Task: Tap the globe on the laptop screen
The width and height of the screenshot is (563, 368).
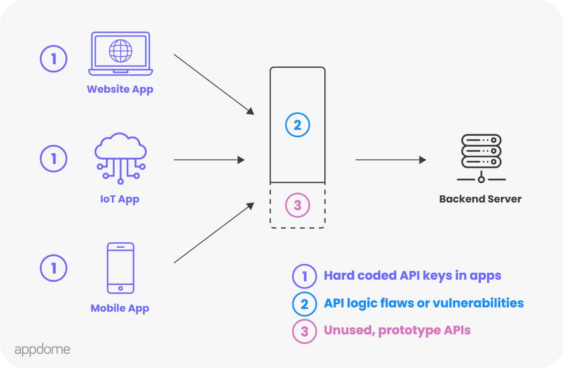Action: (121, 51)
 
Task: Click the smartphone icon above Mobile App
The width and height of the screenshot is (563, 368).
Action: (121, 268)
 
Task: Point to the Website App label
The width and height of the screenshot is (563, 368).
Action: (120, 89)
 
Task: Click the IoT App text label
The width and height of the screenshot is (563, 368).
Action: (120, 199)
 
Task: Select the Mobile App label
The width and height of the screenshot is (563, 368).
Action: (120, 308)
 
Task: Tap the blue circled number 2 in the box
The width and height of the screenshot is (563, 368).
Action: (297, 125)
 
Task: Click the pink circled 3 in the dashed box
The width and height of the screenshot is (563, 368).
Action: (297, 205)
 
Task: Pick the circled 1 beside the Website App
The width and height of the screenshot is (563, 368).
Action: (54, 59)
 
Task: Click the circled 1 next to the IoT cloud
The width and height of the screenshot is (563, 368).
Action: (54, 158)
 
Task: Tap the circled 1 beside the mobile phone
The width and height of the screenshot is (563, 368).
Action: (54, 268)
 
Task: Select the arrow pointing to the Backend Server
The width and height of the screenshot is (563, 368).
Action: (390, 160)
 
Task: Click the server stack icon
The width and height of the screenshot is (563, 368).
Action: (481, 157)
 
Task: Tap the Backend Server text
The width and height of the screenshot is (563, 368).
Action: (480, 199)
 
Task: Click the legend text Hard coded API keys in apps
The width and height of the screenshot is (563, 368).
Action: (412, 276)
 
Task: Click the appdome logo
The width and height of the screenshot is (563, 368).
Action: (42, 350)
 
